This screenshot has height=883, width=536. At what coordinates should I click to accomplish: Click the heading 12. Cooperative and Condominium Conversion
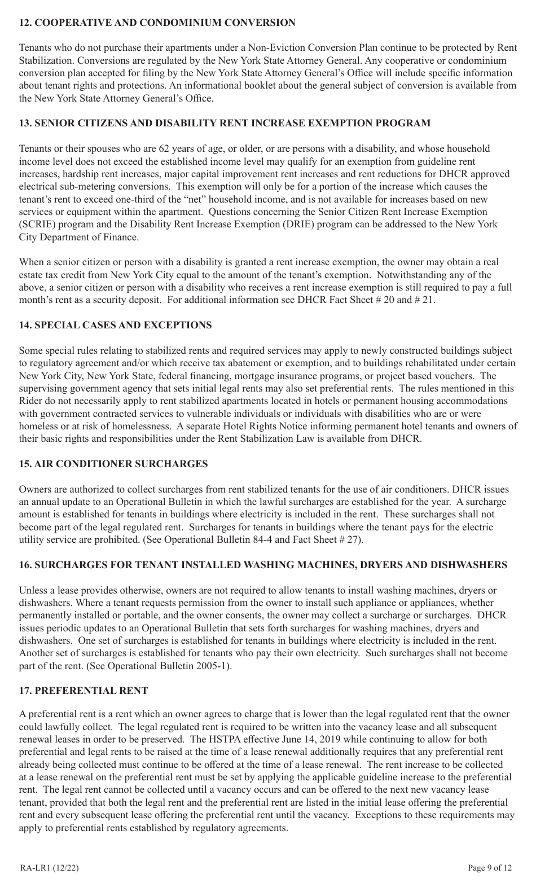(x=157, y=23)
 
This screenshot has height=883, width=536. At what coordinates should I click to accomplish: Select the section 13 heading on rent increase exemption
(x=225, y=123)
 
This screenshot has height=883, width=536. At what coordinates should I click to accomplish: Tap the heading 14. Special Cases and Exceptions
(x=115, y=325)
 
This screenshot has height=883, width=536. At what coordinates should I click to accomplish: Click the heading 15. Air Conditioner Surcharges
(x=113, y=464)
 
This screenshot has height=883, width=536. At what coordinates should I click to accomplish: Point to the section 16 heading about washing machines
(x=263, y=565)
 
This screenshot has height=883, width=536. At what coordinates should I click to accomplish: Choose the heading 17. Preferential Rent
(x=84, y=691)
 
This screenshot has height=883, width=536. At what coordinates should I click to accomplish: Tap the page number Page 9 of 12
(x=490, y=868)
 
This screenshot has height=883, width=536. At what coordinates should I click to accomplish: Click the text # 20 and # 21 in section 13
(x=404, y=300)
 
